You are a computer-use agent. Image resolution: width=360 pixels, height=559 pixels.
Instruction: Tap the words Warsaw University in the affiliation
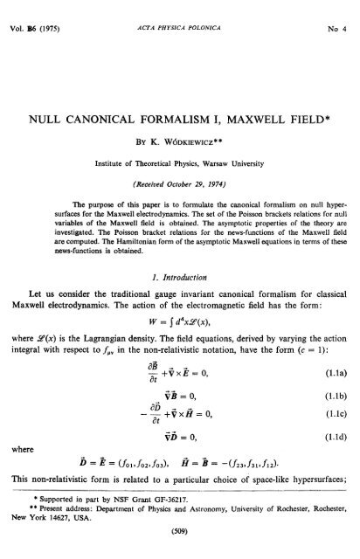click(x=242, y=138)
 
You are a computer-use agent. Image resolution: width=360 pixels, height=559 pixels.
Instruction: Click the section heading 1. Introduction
click(x=180, y=281)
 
